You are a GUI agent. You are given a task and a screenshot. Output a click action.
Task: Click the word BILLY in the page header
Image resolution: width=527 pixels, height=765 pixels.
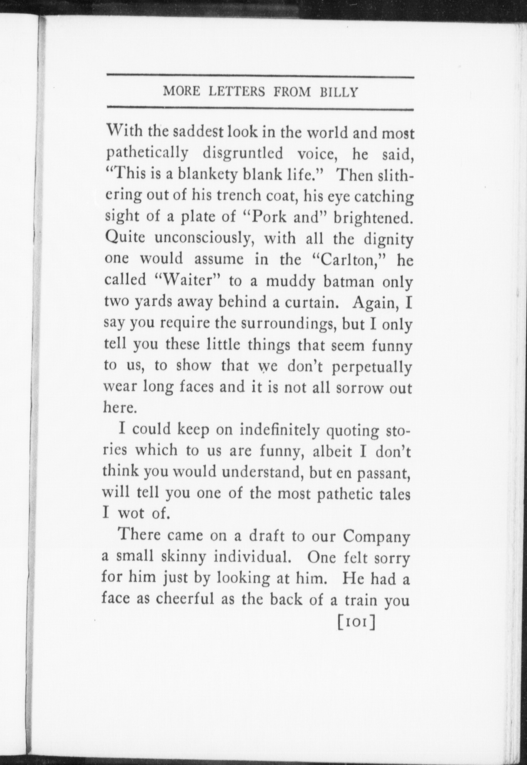coord(339,93)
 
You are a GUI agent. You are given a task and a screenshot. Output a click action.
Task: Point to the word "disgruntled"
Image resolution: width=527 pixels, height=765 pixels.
coord(242,154)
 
